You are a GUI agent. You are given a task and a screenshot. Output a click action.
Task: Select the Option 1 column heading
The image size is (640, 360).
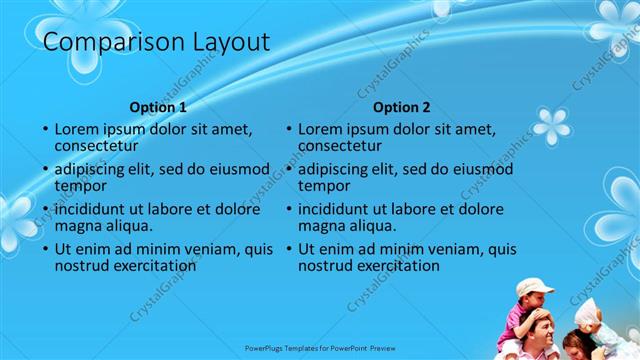tap(158, 107)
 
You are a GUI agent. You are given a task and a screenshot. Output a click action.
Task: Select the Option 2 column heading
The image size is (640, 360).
tap(401, 107)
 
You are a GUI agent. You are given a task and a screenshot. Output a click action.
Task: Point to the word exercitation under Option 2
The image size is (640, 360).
tap(369, 266)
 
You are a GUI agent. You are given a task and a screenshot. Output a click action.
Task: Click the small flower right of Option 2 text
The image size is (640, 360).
tap(551, 127)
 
